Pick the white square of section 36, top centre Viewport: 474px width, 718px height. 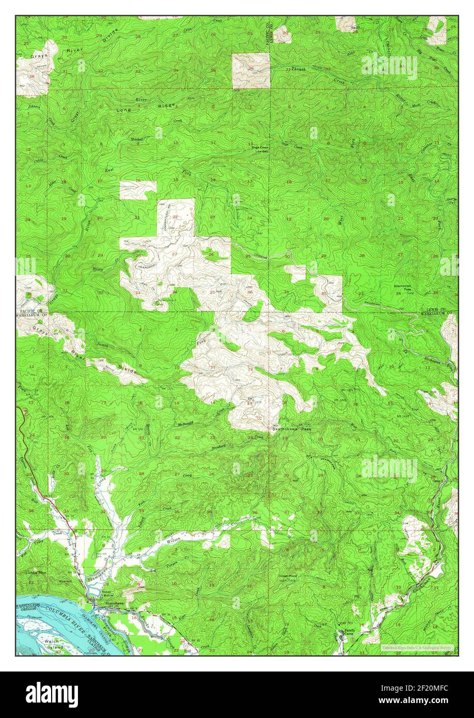pos(251,70)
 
